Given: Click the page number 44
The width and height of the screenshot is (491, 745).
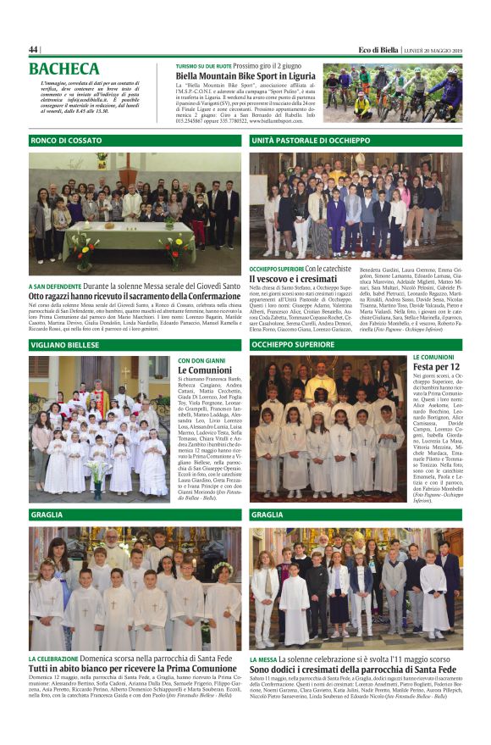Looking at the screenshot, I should pos(33,49).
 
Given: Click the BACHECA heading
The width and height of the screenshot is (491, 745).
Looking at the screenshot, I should pos(63,69).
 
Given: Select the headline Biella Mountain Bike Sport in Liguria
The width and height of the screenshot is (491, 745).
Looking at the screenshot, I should pos(245,75).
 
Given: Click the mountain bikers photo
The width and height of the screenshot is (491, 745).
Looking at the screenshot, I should pos(392,93).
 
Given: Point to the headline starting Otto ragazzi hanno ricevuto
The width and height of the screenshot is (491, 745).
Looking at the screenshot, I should pos(134,297).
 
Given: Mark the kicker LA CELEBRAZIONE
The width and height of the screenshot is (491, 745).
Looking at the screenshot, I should pos(54,658).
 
